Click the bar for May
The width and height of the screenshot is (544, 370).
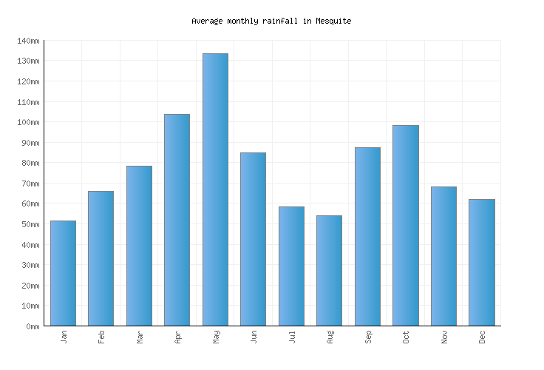215,189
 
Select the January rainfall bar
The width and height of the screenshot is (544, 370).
63,273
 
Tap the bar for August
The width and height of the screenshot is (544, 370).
329,270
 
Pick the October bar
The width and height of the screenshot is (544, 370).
405,225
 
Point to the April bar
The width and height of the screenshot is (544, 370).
177,220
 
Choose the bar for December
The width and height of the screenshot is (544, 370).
481,262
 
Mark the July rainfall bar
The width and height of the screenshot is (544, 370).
291,266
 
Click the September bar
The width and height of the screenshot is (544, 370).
367,236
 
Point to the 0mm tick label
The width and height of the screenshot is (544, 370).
32,326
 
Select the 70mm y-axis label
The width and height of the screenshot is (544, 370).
30,184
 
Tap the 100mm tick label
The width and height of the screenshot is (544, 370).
27,122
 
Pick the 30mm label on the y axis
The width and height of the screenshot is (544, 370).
30,265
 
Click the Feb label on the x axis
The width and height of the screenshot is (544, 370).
102,337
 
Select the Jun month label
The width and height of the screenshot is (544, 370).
254,337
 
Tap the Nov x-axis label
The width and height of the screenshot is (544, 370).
444,337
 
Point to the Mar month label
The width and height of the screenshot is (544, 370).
140,337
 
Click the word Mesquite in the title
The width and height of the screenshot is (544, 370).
333,21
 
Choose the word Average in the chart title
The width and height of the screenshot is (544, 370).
207,21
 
